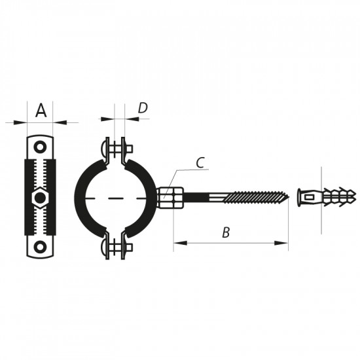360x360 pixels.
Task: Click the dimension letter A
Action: (41, 111)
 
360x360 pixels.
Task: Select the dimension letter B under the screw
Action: (226, 232)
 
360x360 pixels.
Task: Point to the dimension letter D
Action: (143, 108)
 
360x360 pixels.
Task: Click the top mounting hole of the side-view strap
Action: (41, 147)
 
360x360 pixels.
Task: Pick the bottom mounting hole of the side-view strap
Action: (41, 247)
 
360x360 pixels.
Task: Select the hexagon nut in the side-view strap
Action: (41, 197)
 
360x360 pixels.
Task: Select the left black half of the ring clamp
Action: (82, 196)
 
